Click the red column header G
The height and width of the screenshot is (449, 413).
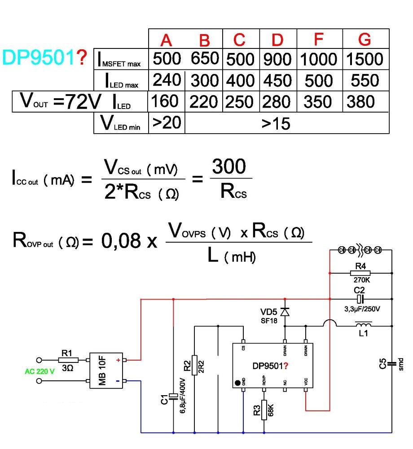pyautogui.click(x=365, y=40)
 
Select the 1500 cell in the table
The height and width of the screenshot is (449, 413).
pyautogui.click(x=365, y=59)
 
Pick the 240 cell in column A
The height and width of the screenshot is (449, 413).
pyautogui.click(x=167, y=80)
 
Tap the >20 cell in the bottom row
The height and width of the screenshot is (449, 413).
pyautogui.click(x=166, y=122)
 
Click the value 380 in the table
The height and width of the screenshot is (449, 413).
pyautogui.click(x=365, y=102)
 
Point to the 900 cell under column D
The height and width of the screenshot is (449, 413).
pyautogui.click(x=277, y=59)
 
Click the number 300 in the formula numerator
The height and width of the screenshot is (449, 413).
pyautogui.click(x=229, y=167)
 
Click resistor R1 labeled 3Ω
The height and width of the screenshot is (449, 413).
pyautogui.click(x=68, y=360)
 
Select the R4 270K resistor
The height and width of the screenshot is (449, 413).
pyautogui.click(x=360, y=272)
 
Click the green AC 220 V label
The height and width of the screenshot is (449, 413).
pyautogui.click(x=39, y=371)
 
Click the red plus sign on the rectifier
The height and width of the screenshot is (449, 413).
pyautogui.click(x=119, y=360)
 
